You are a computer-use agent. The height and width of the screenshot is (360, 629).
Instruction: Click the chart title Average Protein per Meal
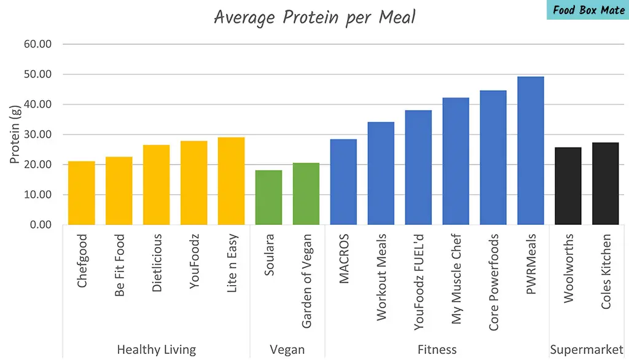[x=314, y=17]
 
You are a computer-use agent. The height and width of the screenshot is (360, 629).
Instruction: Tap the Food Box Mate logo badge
[x=588, y=10]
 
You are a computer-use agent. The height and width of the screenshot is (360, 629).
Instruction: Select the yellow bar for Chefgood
[x=82, y=193]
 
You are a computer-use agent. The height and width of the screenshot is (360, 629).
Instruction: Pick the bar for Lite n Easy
[x=231, y=181]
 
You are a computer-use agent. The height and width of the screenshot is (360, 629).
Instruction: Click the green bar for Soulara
[x=268, y=197]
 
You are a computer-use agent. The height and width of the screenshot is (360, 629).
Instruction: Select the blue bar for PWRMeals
[x=530, y=151]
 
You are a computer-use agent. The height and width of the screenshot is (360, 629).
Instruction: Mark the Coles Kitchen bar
[x=605, y=184]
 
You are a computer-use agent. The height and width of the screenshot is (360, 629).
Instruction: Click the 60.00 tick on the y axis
[x=37, y=44]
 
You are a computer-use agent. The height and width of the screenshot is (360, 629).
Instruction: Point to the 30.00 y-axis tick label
[x=37, y=135]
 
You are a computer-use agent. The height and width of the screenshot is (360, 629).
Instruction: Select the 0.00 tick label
[x=39, y=225]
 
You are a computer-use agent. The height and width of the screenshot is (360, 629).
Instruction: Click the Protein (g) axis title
[x=15, y=135]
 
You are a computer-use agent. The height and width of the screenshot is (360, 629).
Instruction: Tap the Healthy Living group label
[x=156, y=350]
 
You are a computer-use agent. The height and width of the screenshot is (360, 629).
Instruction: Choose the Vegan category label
[x=287, y=350]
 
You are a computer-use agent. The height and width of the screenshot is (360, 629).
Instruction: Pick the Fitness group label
[x=437, y=350]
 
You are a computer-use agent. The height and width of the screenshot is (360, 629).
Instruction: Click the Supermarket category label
[x=586, y=350]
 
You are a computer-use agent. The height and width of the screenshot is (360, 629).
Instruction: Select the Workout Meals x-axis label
[x=381, y=276]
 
